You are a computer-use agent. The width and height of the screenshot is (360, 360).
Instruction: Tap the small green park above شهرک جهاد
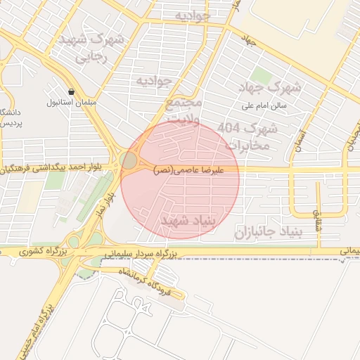click(x=262, y=75)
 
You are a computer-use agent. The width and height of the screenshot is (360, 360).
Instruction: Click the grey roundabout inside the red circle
click(x=129, y=160)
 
